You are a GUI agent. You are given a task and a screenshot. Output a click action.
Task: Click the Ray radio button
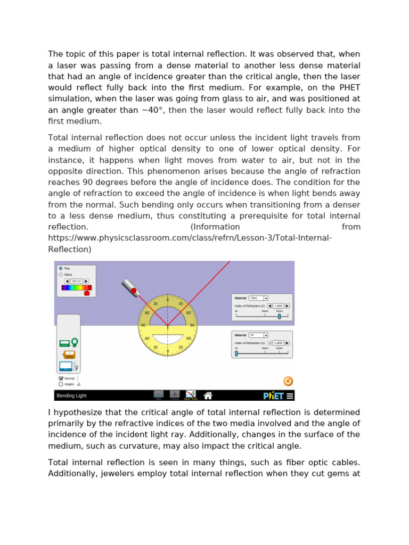tap(61, 268)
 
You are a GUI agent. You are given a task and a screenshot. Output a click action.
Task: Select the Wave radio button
tap(61, 275)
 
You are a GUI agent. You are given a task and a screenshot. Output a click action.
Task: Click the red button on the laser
tap(134, 291)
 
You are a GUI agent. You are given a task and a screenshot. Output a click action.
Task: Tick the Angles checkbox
tap(61, 384)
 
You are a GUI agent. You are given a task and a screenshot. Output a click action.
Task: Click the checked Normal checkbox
tap(61, 378)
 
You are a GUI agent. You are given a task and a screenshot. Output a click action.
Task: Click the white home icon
tap(208, 395)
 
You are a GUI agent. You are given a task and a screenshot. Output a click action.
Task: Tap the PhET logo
tap(274, 395)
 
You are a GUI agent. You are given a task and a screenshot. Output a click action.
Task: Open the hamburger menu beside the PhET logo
tap(290, 395)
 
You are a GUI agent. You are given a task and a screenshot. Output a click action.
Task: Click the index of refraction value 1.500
tap(278, 306)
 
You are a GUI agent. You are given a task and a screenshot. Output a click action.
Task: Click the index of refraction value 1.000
tap(278, 343)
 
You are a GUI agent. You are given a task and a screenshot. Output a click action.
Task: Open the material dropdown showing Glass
tap(258, 298)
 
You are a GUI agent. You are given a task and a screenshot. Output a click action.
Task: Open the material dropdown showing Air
tap(258, 335)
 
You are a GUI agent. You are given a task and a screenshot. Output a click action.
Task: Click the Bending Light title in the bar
tap(72, 396)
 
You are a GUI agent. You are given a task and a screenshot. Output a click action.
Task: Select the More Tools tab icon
tap(190, 395)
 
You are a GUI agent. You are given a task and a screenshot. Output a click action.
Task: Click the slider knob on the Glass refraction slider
tap(279, 316)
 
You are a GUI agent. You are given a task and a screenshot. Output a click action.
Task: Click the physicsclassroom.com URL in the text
tap(190, 238)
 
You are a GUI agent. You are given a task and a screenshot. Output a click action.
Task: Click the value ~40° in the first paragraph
tap(154, 110)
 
